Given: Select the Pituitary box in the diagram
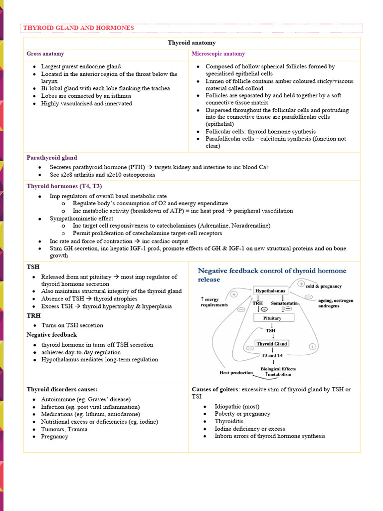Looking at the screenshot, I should pyautogui.click(x=272, y=318).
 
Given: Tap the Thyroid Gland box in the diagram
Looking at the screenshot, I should pyautogui.click(x=272, y=344).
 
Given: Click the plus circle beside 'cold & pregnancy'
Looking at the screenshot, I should pyautogui.click(x=301, y=283).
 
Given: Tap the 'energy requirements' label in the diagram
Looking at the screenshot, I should pyautogui.click(x=211, y=302).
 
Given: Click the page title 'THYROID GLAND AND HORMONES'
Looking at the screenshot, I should pyautogui.click(x=78, y=28).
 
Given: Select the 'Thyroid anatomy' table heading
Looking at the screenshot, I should pyautogui.click(x=191, y=43).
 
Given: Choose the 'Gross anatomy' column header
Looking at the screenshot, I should pyautogui.click(x=45, y=54).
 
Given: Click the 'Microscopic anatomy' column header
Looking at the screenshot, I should pyautogui.click(x=218, y=54).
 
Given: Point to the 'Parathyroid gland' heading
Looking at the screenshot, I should pyautogui.click(x=52, y=158).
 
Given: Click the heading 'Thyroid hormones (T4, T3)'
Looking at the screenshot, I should pyautogui.click(x=64, y=186).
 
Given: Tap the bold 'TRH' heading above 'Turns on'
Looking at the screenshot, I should pyautogui.click(x=33, y=316).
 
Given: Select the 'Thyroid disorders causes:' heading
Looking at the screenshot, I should pyautogui.click(x=62, y=389).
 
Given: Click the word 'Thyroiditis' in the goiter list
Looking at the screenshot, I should pyautogui.click(x=230, y=421).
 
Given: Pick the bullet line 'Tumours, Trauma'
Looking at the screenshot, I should pyautogui.click(x=64, y=429).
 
